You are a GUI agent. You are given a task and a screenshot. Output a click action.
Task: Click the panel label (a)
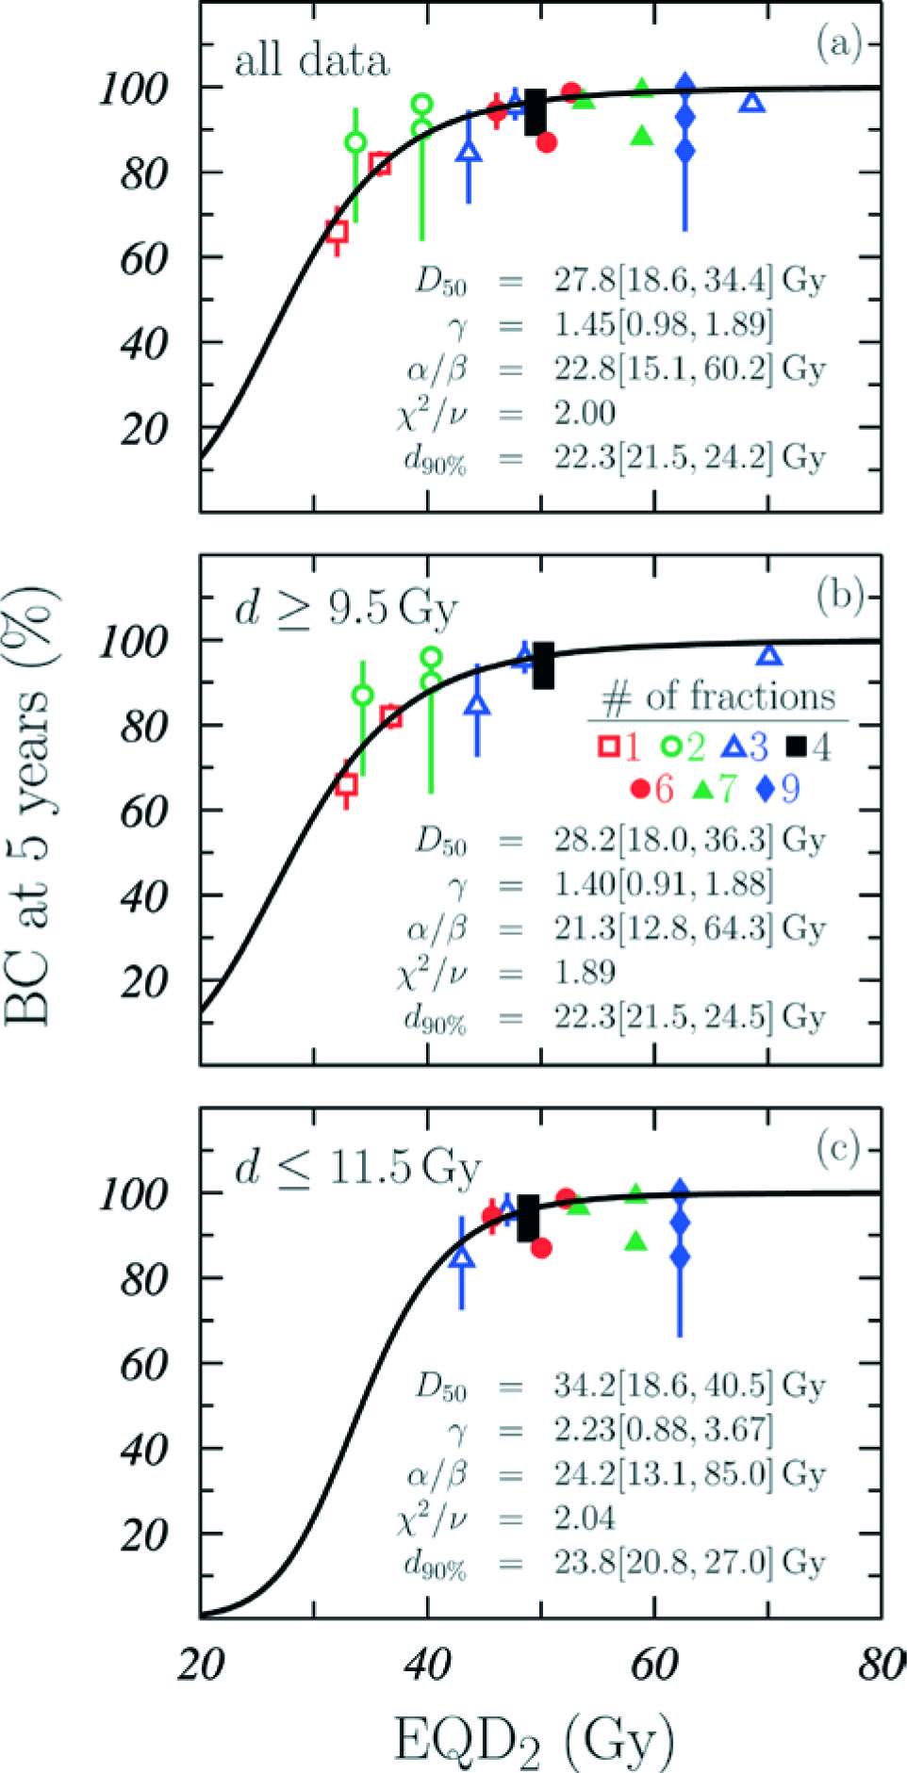[x=837, y=42]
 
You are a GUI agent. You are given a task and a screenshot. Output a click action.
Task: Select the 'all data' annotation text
[x=311, y=61]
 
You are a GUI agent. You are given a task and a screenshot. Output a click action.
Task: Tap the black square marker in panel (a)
[x=536, y=112]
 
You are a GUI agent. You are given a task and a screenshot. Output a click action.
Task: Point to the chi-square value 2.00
[x=585, y=413]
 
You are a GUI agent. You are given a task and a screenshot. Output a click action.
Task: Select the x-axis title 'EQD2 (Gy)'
[x=534, y=1739]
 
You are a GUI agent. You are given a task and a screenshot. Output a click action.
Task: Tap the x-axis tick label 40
[x=427, y=1666]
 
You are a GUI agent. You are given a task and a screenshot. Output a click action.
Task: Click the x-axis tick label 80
[x=881, y=1666]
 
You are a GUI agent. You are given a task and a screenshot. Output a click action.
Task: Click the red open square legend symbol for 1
[x=609, y=747]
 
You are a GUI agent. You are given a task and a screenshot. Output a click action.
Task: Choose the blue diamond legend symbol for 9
[x=766, y=788]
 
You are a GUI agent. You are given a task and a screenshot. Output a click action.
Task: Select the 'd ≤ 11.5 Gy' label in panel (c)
[x=357, y=1168]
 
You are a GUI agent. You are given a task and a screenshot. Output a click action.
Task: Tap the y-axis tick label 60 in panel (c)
[x=144, y=1364]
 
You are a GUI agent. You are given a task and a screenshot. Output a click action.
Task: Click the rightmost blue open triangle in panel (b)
[x=770, y=655]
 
